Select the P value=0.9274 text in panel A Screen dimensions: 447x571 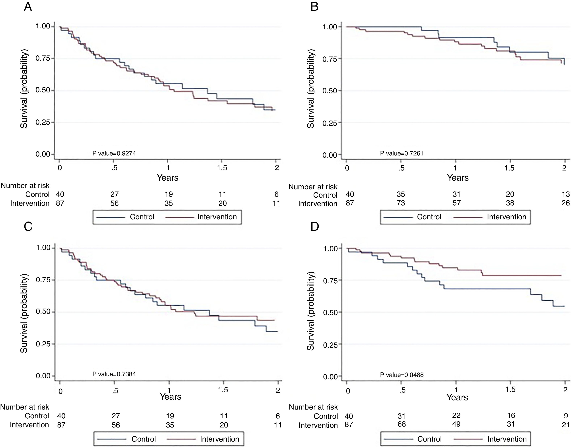point(114,153)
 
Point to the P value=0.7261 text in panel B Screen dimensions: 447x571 point(402,153)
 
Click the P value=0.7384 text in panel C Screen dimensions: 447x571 point(114,374)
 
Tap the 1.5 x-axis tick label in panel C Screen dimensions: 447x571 point(223,390)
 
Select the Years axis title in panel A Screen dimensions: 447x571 point(168,178)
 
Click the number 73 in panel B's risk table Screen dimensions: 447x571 point(401,203)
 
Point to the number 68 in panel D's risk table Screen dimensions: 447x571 point(402,424)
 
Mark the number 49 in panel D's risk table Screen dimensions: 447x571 point(456,424)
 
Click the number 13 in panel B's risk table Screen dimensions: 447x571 point(566,194)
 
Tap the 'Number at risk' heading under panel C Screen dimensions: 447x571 point(25,407)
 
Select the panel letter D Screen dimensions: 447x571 point(314,227)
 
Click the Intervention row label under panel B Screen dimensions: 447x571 point(318,204)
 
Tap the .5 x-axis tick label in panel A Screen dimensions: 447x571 point(114,168)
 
